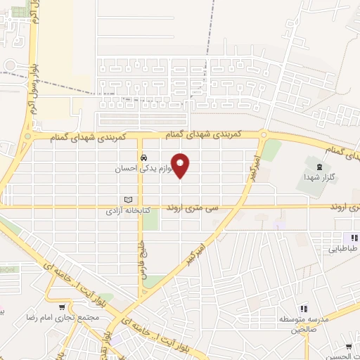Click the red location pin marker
click(181, 165)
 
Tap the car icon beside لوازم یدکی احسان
click(143, 157)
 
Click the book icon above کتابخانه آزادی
click(128, 200)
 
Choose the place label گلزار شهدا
click(320, 179)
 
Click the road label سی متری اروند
click(193, 208)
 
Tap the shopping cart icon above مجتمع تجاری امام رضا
click(63, 307)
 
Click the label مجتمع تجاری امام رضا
click(66, 319)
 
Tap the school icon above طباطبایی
click(356, 238)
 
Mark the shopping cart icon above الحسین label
click(349, 347)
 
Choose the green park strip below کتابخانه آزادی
click(150, 225)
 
